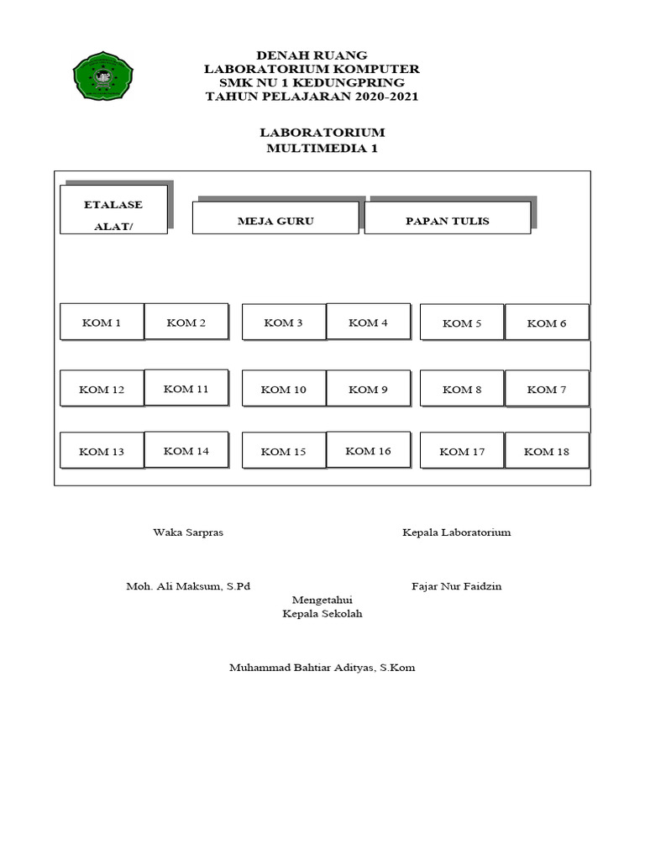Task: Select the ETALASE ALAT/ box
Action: click(x=113, y=210)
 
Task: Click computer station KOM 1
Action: click(x=102, y=322)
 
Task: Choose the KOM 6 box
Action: click(x=547, y=322)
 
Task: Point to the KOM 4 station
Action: click(x=368, y=322)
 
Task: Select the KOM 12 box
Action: click(x=102, y=389)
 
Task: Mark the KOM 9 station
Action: click(x=368, y=389)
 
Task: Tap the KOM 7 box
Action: click(x=547, y=388)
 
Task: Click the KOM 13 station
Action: click(x=102, y=451)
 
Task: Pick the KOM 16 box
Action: click(x=368, y=450)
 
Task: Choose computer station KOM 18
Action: click(x=547, y=451)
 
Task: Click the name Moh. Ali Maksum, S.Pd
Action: click(x=188, y=586)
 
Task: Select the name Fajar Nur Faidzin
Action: click(x=456, y=586)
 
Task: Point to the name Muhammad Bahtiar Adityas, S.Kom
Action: click(x=322, y=668)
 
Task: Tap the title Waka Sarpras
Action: click(x=188, y=532)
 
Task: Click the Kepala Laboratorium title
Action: click(x=456, y=532)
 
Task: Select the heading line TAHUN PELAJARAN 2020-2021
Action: click(x=312, y=97)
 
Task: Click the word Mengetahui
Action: click(x=322, y=600)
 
